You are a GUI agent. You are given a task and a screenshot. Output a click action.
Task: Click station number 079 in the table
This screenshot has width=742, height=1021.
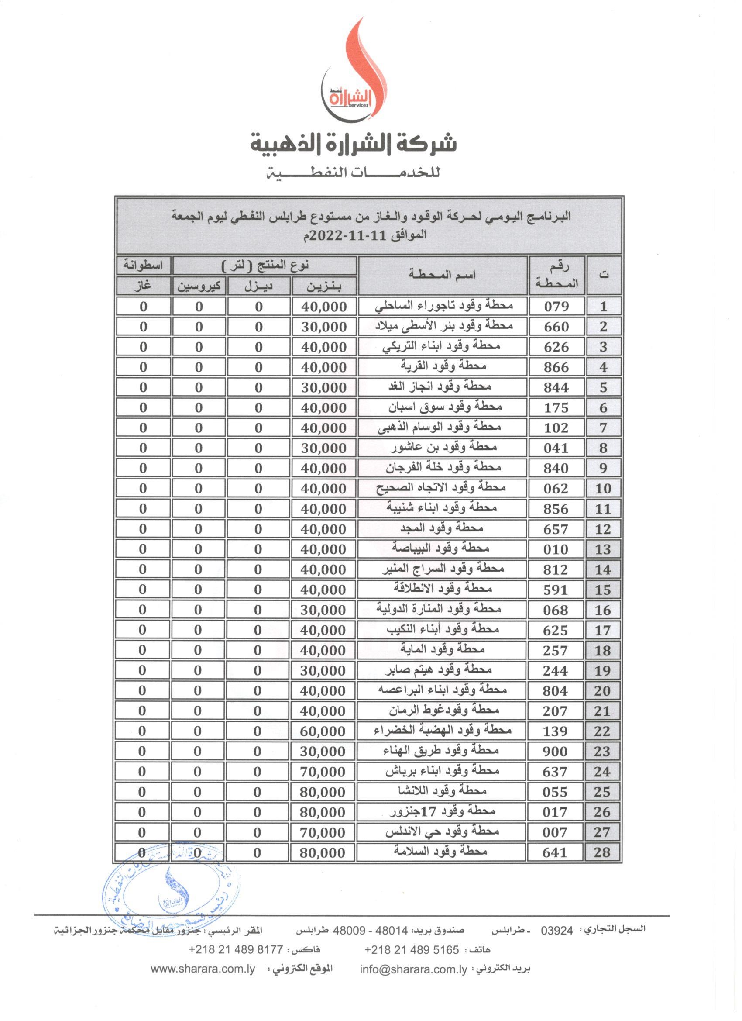pyautogui.click(x=556, y=307)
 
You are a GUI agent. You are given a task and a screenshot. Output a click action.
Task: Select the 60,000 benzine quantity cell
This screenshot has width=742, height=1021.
pyautogui.click(x=323, y=731)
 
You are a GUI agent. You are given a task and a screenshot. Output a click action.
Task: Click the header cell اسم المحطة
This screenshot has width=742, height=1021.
pyautogui.click(x=442, y=275)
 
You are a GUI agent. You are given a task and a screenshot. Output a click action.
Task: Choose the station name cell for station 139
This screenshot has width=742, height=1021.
pyautogui.click(x=442, y=731)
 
